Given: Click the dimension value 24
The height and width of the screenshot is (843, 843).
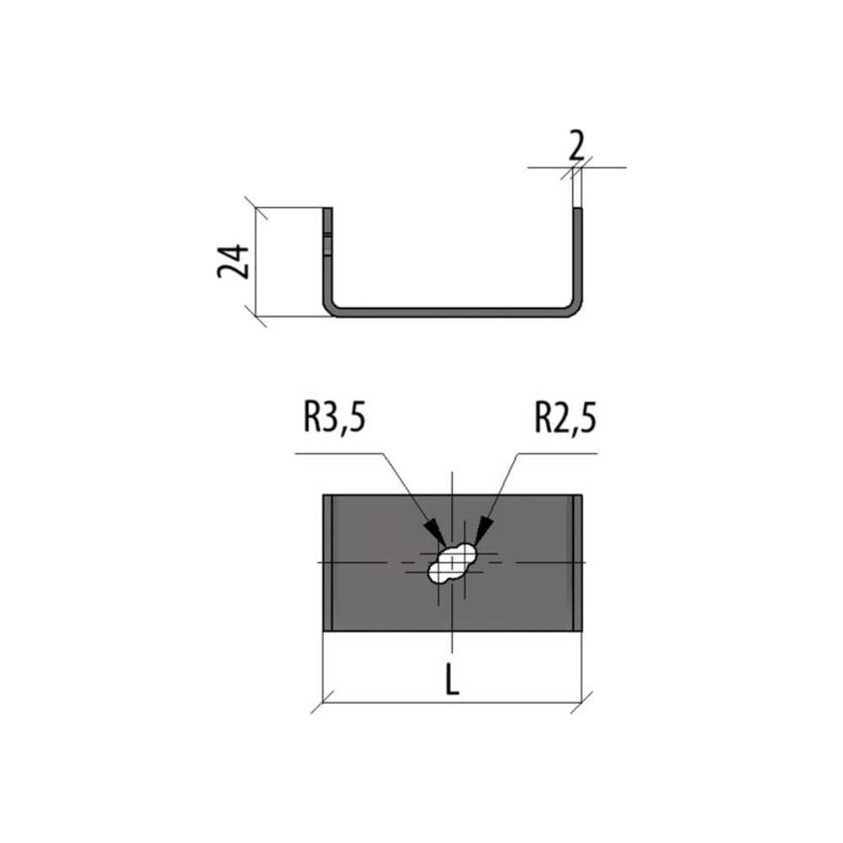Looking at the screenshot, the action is coord(234,261).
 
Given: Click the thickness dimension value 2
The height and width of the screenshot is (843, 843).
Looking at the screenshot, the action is coord(577,147).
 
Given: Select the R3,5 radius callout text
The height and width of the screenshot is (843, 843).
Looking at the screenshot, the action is coord(335,418).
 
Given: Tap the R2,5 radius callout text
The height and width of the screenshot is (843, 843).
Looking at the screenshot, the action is coord(565,418).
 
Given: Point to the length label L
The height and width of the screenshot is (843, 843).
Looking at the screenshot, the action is coord(452,680).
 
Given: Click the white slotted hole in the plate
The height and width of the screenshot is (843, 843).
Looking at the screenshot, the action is coord(453,563).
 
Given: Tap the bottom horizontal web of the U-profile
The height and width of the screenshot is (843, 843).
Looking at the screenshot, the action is coord(452,313).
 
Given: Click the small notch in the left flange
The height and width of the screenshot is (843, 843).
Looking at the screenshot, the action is coord(327,235).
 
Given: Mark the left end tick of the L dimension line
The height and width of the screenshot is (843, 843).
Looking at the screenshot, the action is coord(323,702).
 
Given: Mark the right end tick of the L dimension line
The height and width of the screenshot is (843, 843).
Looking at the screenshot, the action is coord(582,702).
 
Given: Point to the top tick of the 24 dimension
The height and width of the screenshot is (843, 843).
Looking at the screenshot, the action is coord(256,207).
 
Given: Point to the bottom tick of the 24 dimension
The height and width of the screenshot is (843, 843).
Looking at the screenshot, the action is coord(256,316).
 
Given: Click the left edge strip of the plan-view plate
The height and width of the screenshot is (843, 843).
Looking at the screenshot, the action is coord(327,562).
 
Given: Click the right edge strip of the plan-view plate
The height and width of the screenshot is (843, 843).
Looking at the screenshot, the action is coord(577,562).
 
